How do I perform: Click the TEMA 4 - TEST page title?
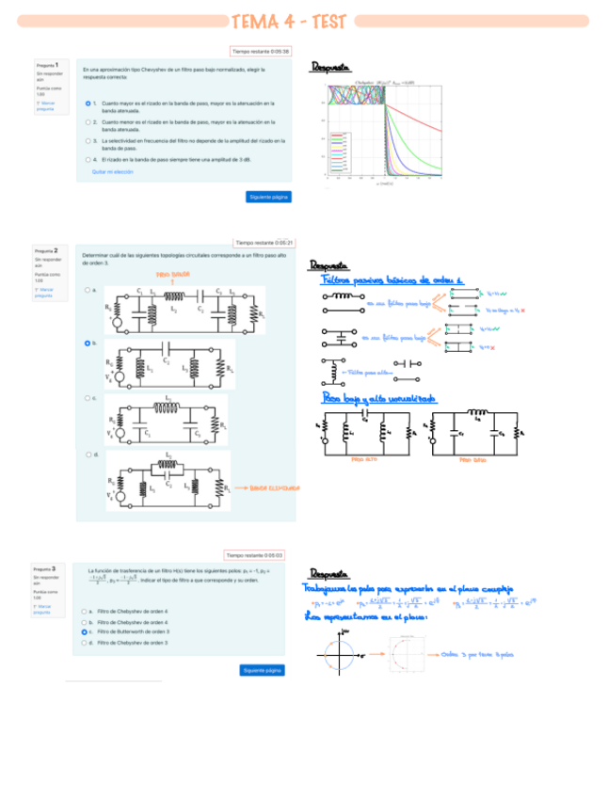tap(303, 21)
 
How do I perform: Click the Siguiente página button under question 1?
tap(268, 197)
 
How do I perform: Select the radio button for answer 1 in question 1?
tap(88, 103)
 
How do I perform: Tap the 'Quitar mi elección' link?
tap(112, 172)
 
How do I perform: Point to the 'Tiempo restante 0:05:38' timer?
tap(261, 52)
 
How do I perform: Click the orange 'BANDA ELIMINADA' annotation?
tap(274, 488)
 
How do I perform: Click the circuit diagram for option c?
tap(168, 419)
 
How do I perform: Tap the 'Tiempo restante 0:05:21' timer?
tap(264, 242)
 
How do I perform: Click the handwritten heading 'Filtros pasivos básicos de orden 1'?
tap(393, 279)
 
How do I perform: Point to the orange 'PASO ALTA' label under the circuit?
tap(363, 460)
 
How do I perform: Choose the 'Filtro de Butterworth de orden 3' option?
tap(84, 632)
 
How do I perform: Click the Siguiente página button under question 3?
tap(262, 670)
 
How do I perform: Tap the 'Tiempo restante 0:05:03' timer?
tap(254, 555)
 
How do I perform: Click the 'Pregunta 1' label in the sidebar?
tap(47, 65)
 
